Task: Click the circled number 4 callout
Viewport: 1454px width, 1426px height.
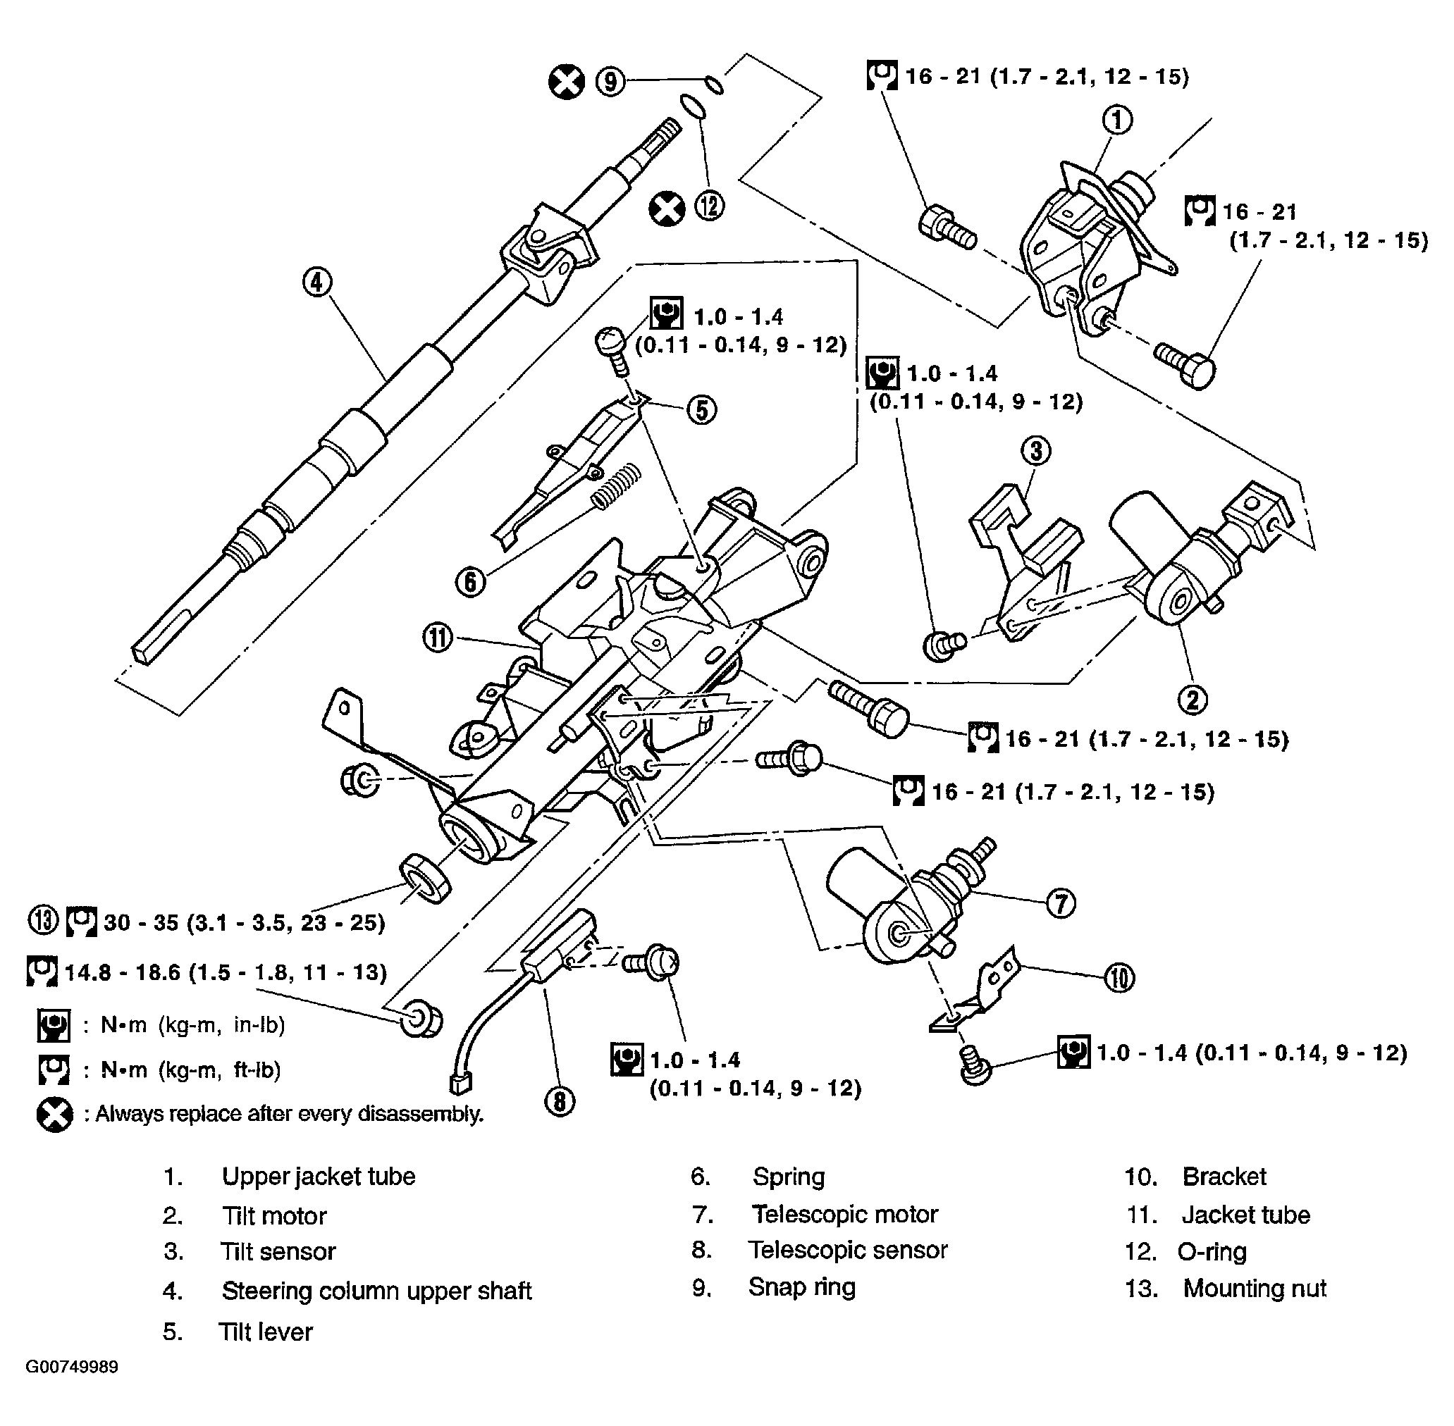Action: (x=317, y=283)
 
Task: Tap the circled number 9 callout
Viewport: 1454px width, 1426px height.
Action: (x=610, y=81)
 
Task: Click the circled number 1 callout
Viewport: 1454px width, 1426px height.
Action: (x=1117, y=120)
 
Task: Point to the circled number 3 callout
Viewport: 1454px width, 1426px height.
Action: (x=1036, y=450)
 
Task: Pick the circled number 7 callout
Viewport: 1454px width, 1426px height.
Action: (x=1061, y=903)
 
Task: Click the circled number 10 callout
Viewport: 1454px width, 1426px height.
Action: (x=1119, y=977)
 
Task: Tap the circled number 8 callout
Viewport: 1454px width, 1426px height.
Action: (x=560, y=1101)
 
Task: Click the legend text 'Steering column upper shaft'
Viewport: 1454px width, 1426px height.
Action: (x=376, y=1291)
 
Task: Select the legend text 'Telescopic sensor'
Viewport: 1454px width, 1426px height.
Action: (x=847, y=1249)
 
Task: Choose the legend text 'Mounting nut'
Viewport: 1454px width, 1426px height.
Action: (x=1254, y=1288)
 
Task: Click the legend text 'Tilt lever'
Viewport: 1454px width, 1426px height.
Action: (x=265, y=1332)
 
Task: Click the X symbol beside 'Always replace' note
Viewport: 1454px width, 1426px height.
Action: (x=54, y=1115)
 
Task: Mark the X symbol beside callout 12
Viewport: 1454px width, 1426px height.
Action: (x=666, y=209)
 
